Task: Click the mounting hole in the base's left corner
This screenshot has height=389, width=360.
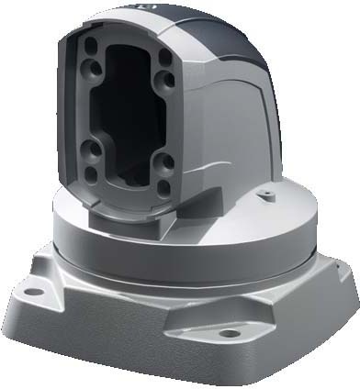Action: coord(34,291)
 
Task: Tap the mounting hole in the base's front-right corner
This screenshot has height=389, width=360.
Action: coord(229,332)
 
